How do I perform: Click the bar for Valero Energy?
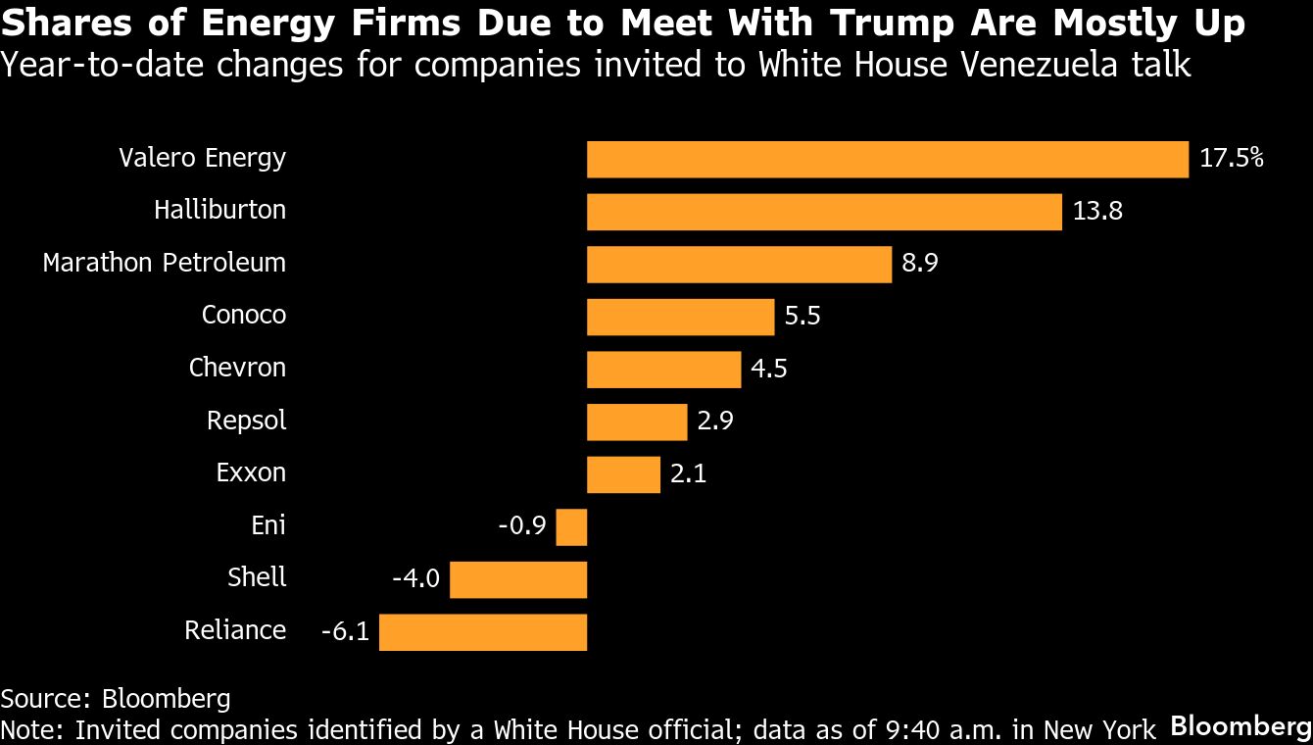[x=887, y=159]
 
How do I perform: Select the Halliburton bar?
[x=824, y=212]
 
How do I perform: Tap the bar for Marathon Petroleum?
[x=739, y=265]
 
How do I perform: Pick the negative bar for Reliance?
[x=483, y=632]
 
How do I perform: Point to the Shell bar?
[x=518, y=579]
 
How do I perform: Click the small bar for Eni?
[x=571, y=526]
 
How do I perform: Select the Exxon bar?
[x=623, y=474]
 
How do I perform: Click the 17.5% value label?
[x=1232, y=159]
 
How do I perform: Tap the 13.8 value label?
[x=1097, y=212]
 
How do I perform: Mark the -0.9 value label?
[x=522, y=526]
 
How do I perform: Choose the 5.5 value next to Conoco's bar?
[x=802, y=317]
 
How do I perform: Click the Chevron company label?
[x=237, y=369]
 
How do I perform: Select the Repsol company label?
[x=246, y=422]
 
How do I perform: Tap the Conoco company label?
[x=244, y=316]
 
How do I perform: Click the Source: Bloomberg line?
[x=116, y=699]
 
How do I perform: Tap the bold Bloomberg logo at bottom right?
[x=1240, y=726]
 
